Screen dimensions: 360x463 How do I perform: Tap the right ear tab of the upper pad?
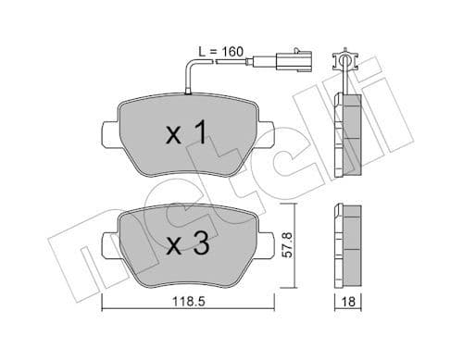267,136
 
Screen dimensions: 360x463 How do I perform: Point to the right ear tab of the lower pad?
267,247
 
